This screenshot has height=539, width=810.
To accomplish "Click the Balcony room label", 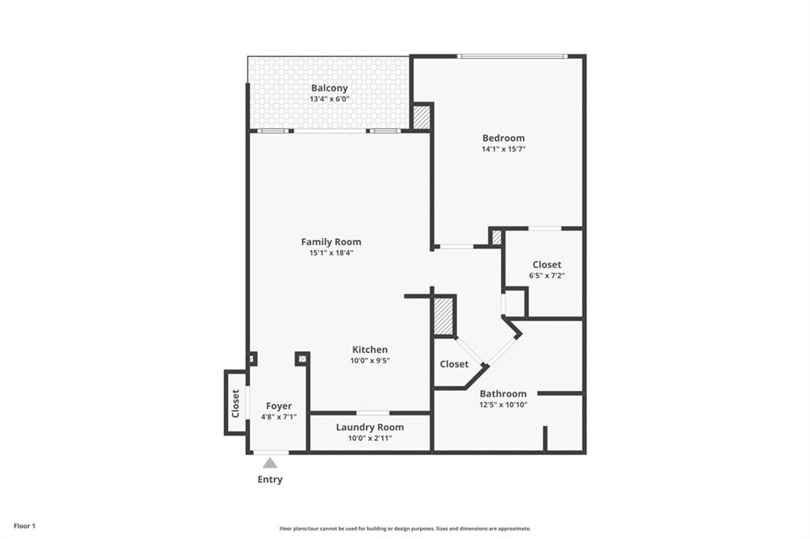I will [329, 88].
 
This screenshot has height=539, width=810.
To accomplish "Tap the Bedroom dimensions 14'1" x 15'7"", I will [503, 149].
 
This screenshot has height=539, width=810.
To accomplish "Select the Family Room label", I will [331, 242].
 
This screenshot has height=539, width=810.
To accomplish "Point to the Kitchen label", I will [369, 350].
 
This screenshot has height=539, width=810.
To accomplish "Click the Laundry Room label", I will [369, 427].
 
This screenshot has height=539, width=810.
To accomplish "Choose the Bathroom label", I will [503, 393].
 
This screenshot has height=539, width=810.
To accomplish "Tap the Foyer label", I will [278, 406].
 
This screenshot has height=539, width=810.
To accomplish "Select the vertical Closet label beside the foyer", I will [236, 404].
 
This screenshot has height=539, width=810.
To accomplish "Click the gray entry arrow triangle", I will [271, 463].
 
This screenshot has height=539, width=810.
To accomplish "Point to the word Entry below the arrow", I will [270, 480].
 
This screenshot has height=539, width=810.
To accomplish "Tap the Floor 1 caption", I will [24, 526].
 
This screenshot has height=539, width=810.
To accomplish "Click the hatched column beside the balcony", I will [422, 117].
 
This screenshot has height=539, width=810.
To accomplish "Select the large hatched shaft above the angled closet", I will [444, 316].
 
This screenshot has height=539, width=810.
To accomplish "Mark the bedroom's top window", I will [513, 56].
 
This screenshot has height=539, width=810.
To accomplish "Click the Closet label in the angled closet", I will [454, 364].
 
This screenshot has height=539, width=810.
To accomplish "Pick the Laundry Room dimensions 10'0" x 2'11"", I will [369, 438].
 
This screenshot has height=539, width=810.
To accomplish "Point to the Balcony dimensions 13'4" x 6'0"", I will [329, 99].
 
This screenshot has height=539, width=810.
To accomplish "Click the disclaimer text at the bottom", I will [404, 529].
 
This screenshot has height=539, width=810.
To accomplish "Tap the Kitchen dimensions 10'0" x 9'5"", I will [369, 361].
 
